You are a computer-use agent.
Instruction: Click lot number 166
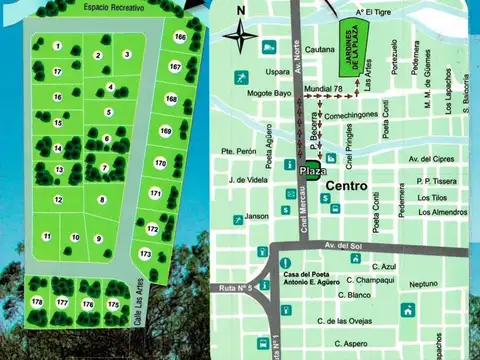tap(179, 37)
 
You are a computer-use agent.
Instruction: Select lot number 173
tap(145, 254)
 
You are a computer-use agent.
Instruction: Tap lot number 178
tap(37, 301)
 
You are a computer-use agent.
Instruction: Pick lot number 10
tap(75, 237)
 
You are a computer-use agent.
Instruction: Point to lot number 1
tap(58, 46)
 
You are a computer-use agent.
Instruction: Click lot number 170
tap(160, 162)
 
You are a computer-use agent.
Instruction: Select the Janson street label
tap(257, 216)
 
